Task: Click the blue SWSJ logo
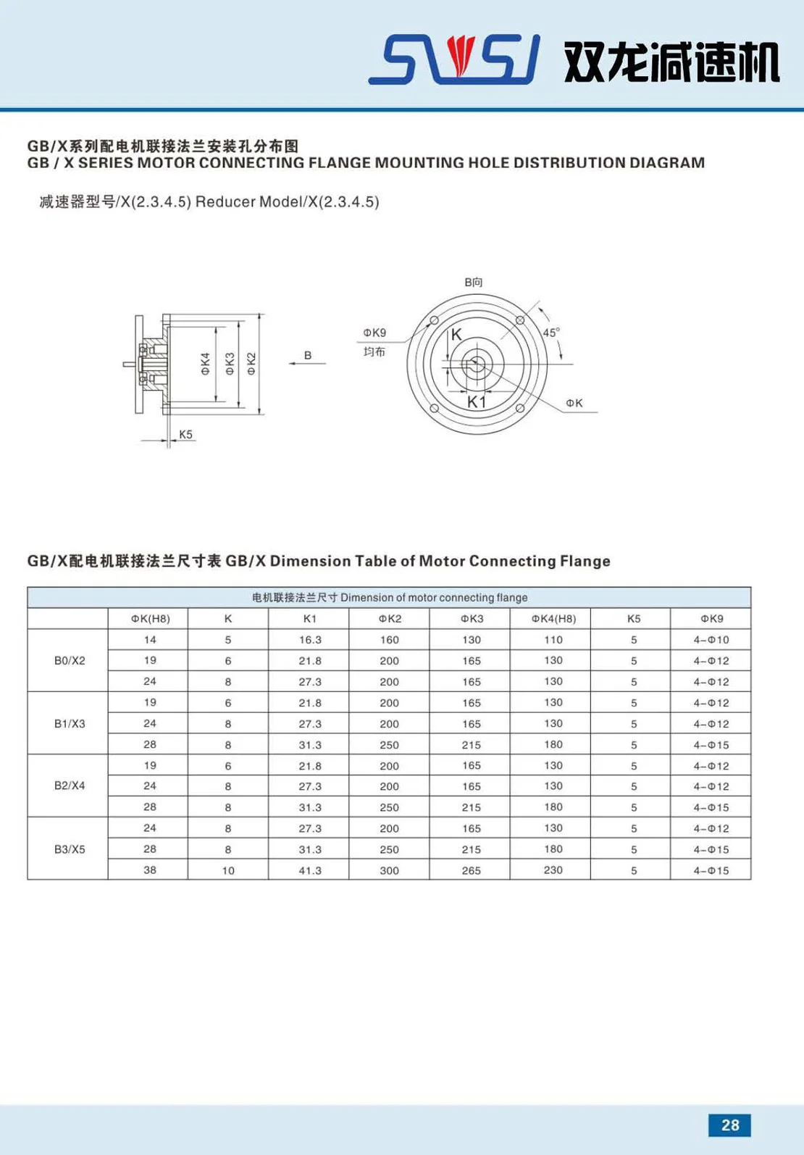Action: pos(454,59)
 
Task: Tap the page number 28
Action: pos(729,1125)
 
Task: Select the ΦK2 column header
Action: pos(390,619)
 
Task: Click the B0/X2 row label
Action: pos(70,661)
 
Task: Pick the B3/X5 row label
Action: pos(70,849)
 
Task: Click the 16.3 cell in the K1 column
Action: pos(310,640)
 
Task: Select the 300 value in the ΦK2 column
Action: pos(390,870)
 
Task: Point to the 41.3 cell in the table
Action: pos(310,870)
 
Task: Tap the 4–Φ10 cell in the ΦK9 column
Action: pos(711,640)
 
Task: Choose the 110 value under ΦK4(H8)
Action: pos(553,640)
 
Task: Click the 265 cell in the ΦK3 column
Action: pos(472,870)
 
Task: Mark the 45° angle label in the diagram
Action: pos(551,333)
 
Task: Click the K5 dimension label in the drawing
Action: pos(186,435)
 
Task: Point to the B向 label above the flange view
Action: pos(474,282)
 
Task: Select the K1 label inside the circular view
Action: pos(477,401)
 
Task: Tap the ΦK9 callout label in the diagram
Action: pos(374,333)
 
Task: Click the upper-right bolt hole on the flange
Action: pos(520,320)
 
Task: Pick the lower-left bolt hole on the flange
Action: pos(434,409)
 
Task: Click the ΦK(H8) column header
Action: pos(150,619)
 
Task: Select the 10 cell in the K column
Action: pos(228,870)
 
